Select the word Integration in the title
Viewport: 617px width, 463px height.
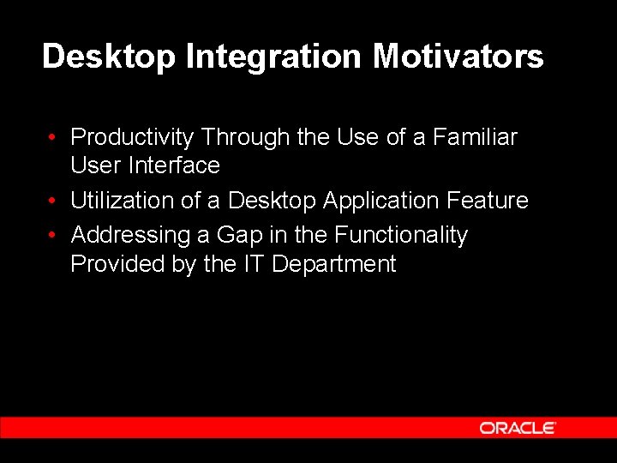[274, 57]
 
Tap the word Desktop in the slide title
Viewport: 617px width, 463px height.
[109, 57]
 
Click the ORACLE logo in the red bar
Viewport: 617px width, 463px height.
[518, 428]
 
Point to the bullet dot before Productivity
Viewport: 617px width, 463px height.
[53, 137]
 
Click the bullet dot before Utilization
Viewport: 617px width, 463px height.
[53, 201]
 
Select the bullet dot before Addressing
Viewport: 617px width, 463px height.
[53, 235]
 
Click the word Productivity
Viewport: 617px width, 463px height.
[133, 137]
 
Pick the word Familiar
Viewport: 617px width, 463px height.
[475, 137]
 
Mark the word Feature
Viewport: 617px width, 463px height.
[488, 201]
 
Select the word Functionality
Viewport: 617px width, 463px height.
[401, 235]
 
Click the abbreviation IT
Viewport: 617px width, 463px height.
[253, 264]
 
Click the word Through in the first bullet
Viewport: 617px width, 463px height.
[247, 137]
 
